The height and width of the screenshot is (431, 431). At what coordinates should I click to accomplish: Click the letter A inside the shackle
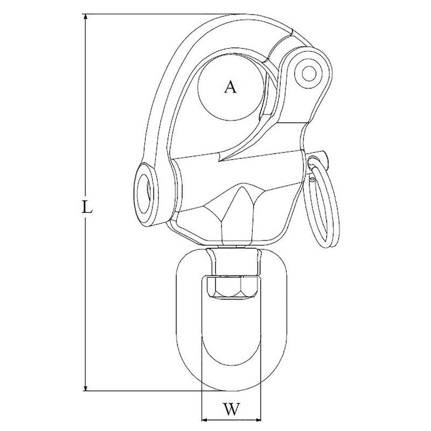coord(230,87)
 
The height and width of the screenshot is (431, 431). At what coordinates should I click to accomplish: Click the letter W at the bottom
coord(231,410)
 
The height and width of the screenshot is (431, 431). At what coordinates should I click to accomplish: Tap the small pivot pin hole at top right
coord(309,72)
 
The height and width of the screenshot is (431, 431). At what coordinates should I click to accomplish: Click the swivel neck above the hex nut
coord(233,259)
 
